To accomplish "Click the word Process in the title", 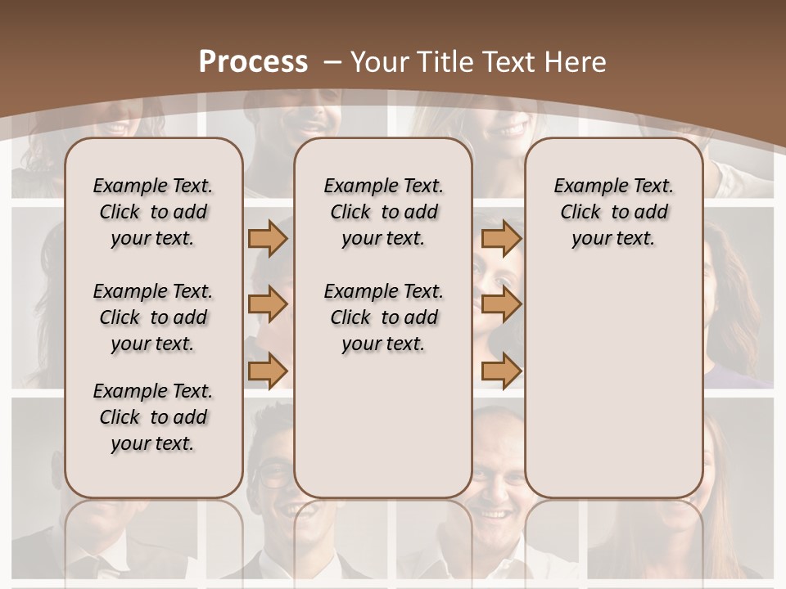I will point(253,61).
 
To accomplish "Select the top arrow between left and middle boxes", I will point(268,238).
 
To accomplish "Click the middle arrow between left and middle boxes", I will point(268,304).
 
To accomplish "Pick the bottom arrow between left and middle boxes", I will point(268,371).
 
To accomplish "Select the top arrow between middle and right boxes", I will point(501,238).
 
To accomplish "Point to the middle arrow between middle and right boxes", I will point(501,304).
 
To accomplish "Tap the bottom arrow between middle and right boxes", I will point(501,371).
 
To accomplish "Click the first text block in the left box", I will point(153,212).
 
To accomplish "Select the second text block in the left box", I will point(153,317).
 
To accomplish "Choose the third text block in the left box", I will point(153,417).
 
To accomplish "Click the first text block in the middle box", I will point(383,212).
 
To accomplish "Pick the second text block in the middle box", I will point(383,317).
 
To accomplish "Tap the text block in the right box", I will point(613,212).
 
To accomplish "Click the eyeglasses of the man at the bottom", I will point(275,472).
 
